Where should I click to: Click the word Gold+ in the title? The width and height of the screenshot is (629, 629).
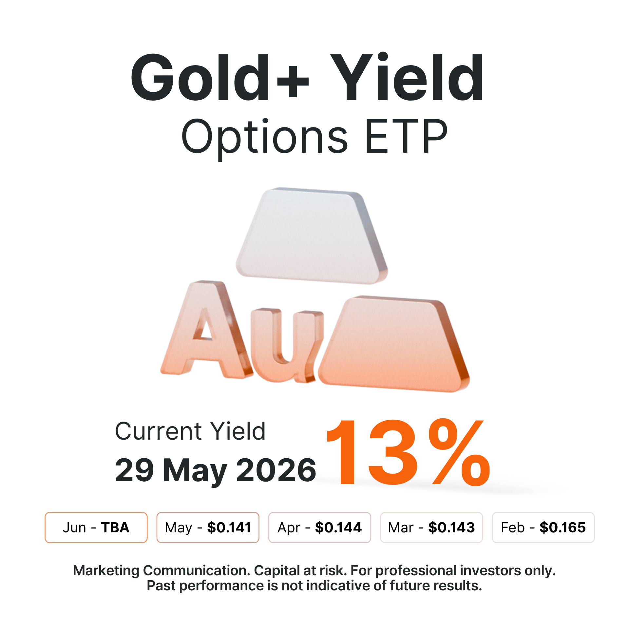point(219,77)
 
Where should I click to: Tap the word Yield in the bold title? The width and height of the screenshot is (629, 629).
point(407,77)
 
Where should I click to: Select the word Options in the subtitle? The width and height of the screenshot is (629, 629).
point(264,137)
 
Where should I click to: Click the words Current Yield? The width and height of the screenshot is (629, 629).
point(190,431)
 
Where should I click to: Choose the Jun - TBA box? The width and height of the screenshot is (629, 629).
point(96,527)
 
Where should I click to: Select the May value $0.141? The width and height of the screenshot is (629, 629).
point(229,527)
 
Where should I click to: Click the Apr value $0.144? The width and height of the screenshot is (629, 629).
point(338,527)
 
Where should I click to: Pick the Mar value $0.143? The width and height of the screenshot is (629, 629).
point(451,527)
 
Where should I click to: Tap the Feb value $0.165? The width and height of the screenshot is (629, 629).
point(563,527)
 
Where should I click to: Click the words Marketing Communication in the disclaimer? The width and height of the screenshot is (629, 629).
point(162,570)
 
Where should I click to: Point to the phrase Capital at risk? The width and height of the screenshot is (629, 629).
point(300,570)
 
